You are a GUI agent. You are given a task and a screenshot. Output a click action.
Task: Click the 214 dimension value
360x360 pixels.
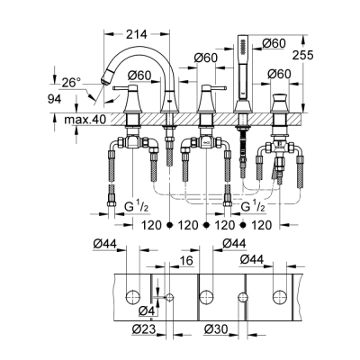136,34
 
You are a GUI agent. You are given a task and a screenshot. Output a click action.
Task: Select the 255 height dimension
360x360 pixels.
302,55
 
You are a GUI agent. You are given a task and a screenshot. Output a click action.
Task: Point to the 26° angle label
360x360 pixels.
71,83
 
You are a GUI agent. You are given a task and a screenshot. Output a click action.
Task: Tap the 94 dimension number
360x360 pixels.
55,99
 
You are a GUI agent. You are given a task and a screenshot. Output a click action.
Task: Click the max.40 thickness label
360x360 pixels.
85,120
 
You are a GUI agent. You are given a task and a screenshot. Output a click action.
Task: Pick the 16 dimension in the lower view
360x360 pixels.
186,261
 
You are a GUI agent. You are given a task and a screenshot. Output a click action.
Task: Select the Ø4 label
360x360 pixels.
147,311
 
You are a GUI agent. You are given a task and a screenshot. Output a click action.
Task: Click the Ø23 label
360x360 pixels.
144,329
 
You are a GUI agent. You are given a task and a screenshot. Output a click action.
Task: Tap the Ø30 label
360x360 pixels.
216,329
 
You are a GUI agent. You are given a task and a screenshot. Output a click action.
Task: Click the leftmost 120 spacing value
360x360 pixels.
151,225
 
